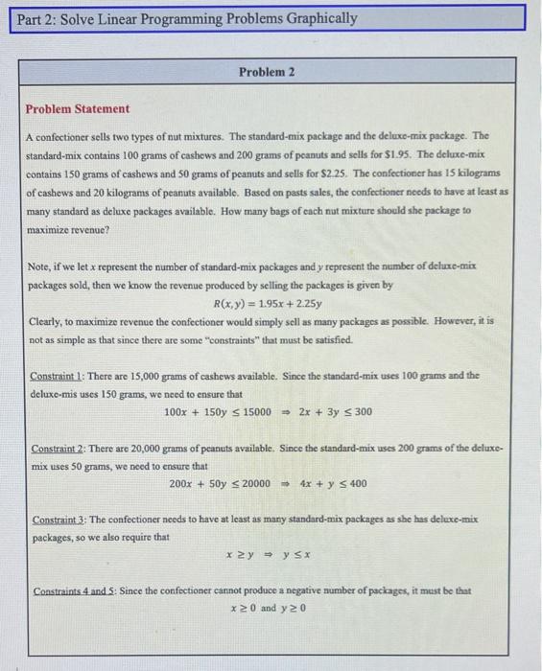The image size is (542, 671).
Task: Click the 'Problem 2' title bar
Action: tap(267, 73)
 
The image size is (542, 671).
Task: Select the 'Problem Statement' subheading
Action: tap(78, 109)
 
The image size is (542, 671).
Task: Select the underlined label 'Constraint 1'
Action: tap(60, 375)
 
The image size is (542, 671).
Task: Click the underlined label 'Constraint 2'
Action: tap(60, 448)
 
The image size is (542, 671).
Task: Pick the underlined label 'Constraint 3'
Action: tap(60, 520)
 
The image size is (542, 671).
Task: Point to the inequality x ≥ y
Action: tap(235, 555)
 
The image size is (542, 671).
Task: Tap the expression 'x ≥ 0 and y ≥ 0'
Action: tap(267, 608)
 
